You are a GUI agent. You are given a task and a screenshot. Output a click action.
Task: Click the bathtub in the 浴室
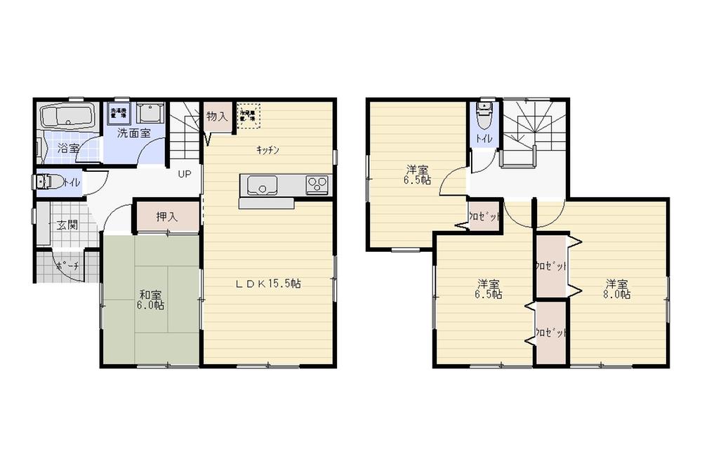(67, 116)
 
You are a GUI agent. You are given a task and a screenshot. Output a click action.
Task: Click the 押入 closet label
(167, 217)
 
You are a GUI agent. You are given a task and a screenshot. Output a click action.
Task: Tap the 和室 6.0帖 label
(150, 300)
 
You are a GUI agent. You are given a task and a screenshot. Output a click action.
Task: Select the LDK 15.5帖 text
(267, 284)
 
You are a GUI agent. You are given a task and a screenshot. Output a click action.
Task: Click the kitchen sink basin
(260, 186)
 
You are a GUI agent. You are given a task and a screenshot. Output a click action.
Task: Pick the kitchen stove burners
(317, 185)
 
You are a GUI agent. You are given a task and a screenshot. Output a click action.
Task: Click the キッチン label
(268, 149)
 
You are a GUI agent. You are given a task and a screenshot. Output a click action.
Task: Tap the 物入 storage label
(217, 116)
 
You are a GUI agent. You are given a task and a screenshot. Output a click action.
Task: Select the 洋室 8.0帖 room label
(618, 289)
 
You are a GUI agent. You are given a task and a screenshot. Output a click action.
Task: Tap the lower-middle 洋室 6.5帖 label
(489, 289)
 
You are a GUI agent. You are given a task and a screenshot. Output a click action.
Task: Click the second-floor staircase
(534, 130)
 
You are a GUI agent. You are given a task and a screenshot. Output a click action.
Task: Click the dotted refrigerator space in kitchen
(248, 115)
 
